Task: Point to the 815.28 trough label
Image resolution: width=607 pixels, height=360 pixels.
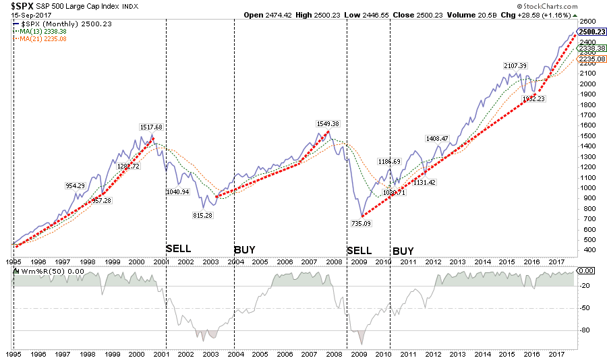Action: [204, 215]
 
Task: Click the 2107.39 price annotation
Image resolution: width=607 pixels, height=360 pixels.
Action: [515, 65]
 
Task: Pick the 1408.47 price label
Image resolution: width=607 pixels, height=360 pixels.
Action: [437, 138]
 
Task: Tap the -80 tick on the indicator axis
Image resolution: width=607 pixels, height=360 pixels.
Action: [585, 330]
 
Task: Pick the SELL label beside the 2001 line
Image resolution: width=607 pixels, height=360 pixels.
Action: [179, 249]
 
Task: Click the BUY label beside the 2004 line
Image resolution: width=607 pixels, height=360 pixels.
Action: [245, 250]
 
